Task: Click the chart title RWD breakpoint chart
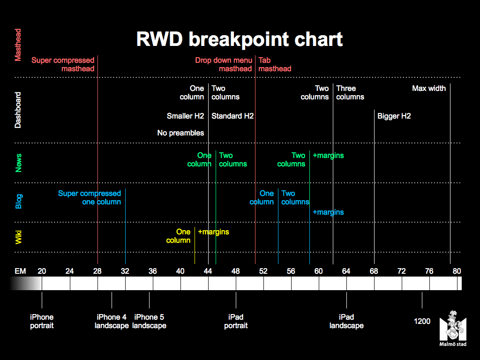240,39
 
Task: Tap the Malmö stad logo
453,328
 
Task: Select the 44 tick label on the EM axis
208,271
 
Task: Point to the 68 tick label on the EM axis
374,271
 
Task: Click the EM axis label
20,271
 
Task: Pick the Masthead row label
18,45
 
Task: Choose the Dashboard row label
18,110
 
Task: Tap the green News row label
18,163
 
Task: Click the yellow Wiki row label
18,237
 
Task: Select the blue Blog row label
18,202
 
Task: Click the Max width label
429,89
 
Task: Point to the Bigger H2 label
394,116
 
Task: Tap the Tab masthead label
275,64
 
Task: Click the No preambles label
180,133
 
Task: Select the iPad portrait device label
236,321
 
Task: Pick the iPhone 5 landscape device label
149,321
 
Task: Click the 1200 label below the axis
422,321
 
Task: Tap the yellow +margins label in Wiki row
213,232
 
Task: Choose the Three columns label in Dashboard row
350,93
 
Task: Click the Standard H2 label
232,116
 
